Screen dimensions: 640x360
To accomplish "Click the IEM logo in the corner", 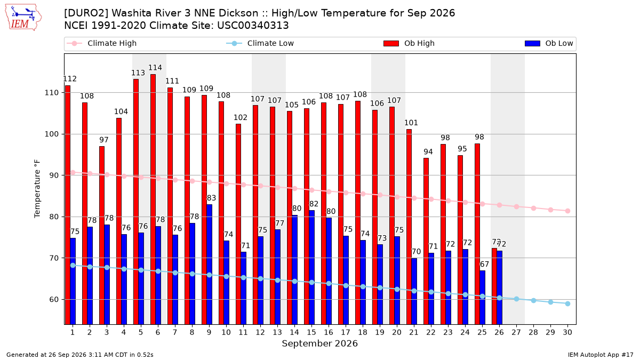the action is pyautogui.click(x=23, y=18).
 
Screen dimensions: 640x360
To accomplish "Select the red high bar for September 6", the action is pyautogui.click(x=153, y=199).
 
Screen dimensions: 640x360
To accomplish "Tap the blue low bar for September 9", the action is pyautogui.click(x=210, y=265).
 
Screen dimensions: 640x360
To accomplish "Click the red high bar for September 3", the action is pyautogui.click(x=102, y=235).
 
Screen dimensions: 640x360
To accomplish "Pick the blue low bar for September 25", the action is pyautogui.click(x=482, y=298).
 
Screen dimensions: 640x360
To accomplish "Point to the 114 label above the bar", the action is pyautogui.click(x=155, y=68).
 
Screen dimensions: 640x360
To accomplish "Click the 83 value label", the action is pyautogui.click(x=211, y=198).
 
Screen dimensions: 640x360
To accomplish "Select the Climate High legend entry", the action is pyautogui.click(x=101, y=43).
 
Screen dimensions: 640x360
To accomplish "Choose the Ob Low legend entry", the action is pyautogui.click(x=549, y=43).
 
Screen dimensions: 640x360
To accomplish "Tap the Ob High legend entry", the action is pyautogui.click(x=409, y=43).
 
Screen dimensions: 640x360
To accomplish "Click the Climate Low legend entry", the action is pyautogui.click(x=260, y=43).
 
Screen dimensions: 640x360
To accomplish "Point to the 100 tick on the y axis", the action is pyautogui.click(x=51, y=134).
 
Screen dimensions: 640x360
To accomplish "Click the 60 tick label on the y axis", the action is pyautogui.click(x=54, y=299).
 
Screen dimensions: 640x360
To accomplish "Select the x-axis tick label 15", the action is pyautogui.click(x=311, y=332).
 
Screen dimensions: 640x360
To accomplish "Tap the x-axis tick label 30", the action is pyautogui.click(x=567, y=332).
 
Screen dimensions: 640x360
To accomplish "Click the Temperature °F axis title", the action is pyautogui.click(x=37, y=189).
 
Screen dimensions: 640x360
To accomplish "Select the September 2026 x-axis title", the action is pyautogui.click(x=319, y=343).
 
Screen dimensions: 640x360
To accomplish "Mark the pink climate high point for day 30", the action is pyautogui.click(x=567, y=211).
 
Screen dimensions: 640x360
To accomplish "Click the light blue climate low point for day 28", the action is pyautogui.click(x=533, y=301).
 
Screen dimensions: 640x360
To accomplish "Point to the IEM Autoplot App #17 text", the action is pyautogui.click(x=601, y=355).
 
